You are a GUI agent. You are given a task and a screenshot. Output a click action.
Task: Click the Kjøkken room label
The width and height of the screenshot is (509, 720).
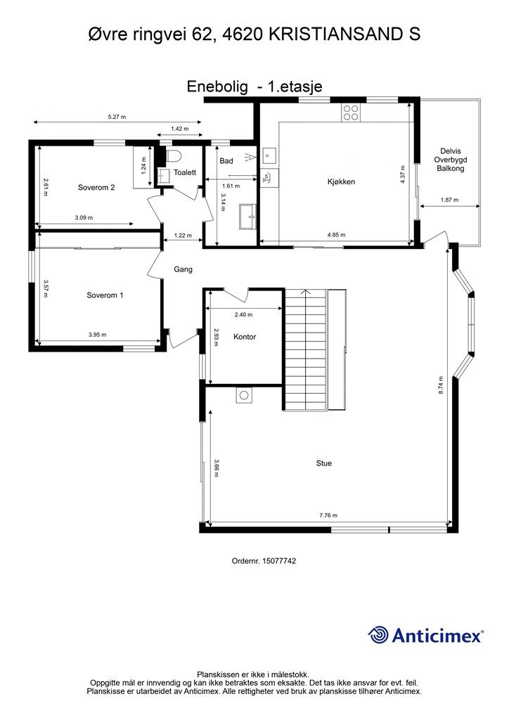[x=341, y=182]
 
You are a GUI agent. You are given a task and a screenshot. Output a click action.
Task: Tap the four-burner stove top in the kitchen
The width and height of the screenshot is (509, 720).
[x=351, y=112]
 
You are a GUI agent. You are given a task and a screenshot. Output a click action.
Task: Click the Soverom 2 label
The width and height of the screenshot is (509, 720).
[x=96, y=187]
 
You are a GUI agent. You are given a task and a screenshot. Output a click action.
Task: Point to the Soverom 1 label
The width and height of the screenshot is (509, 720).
[x=105, y=295]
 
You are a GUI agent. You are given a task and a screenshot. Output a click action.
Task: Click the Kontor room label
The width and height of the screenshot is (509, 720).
[x=245, y=337]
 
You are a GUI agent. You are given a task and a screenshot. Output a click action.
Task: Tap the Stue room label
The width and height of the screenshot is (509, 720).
[x=323, y=463]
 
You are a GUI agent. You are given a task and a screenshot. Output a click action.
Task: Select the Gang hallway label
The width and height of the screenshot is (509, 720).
[x=183, y=269]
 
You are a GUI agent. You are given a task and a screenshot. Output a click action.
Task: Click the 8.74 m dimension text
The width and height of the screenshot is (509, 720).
[x=441, y=385]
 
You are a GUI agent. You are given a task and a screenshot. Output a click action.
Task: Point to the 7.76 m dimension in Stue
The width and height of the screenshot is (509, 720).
[x=328, y=515]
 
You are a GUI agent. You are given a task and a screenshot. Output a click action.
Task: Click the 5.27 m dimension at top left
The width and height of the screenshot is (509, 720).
[x=117, y=117]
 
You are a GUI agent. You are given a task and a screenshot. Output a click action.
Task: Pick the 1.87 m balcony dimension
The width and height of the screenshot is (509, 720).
[x=449, y=200]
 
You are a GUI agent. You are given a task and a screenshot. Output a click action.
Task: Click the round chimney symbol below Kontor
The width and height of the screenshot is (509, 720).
[x=244, y=395]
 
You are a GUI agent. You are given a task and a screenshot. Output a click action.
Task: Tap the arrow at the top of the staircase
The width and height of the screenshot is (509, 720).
[x=305, y=292]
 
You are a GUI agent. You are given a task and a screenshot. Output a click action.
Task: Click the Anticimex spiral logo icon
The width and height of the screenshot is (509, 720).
[x=378, y=635]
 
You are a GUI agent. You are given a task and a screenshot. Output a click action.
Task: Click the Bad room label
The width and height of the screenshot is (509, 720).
[x=226, y=161]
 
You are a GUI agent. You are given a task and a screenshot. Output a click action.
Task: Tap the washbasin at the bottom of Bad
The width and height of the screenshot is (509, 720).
[x=248, y=216]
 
